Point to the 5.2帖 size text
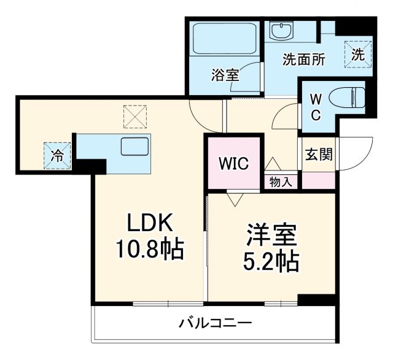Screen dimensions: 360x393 click(272, 262)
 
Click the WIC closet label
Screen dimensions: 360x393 click(233, 164)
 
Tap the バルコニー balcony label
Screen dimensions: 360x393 click(216, 323)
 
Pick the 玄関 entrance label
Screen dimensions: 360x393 click(319, 154)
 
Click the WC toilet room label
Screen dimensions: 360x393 click(314, 107)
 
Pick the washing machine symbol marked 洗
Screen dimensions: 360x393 click(358, 54)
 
